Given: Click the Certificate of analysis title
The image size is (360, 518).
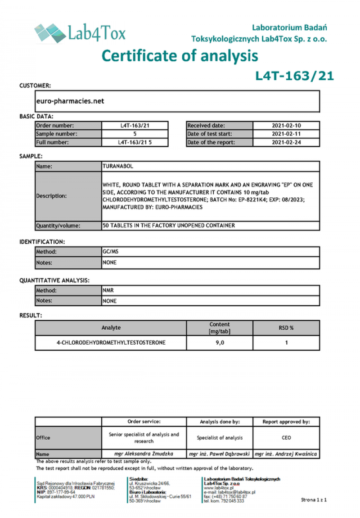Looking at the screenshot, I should [180, 56].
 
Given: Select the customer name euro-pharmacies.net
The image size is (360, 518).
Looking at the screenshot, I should [70, 101].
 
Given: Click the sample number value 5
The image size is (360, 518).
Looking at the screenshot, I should [135, 134].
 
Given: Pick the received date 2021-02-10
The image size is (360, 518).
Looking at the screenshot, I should [286, 126].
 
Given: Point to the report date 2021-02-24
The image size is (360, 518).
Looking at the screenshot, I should [286, 142].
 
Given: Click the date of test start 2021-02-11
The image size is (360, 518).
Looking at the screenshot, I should [286, 134].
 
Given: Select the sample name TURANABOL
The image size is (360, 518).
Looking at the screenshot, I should [118, 166].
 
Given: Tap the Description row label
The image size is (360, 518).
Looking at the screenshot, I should [52, 196].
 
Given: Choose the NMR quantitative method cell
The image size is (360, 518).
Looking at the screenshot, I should [108, 291].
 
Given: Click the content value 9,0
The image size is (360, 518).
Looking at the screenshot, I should [219, 343].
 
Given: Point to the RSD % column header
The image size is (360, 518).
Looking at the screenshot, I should [286, 328].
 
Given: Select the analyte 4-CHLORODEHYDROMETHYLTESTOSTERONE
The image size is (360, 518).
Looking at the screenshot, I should [111, 343].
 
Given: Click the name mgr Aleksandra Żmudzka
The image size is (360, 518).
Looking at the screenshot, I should [144, 454].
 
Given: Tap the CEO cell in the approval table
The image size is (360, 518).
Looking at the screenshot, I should [286, 437].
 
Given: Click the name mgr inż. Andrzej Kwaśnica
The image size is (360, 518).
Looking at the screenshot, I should [286, 454].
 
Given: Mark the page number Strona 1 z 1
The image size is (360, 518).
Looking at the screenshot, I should [313, 500].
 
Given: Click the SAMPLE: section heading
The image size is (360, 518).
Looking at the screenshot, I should [31, 156].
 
